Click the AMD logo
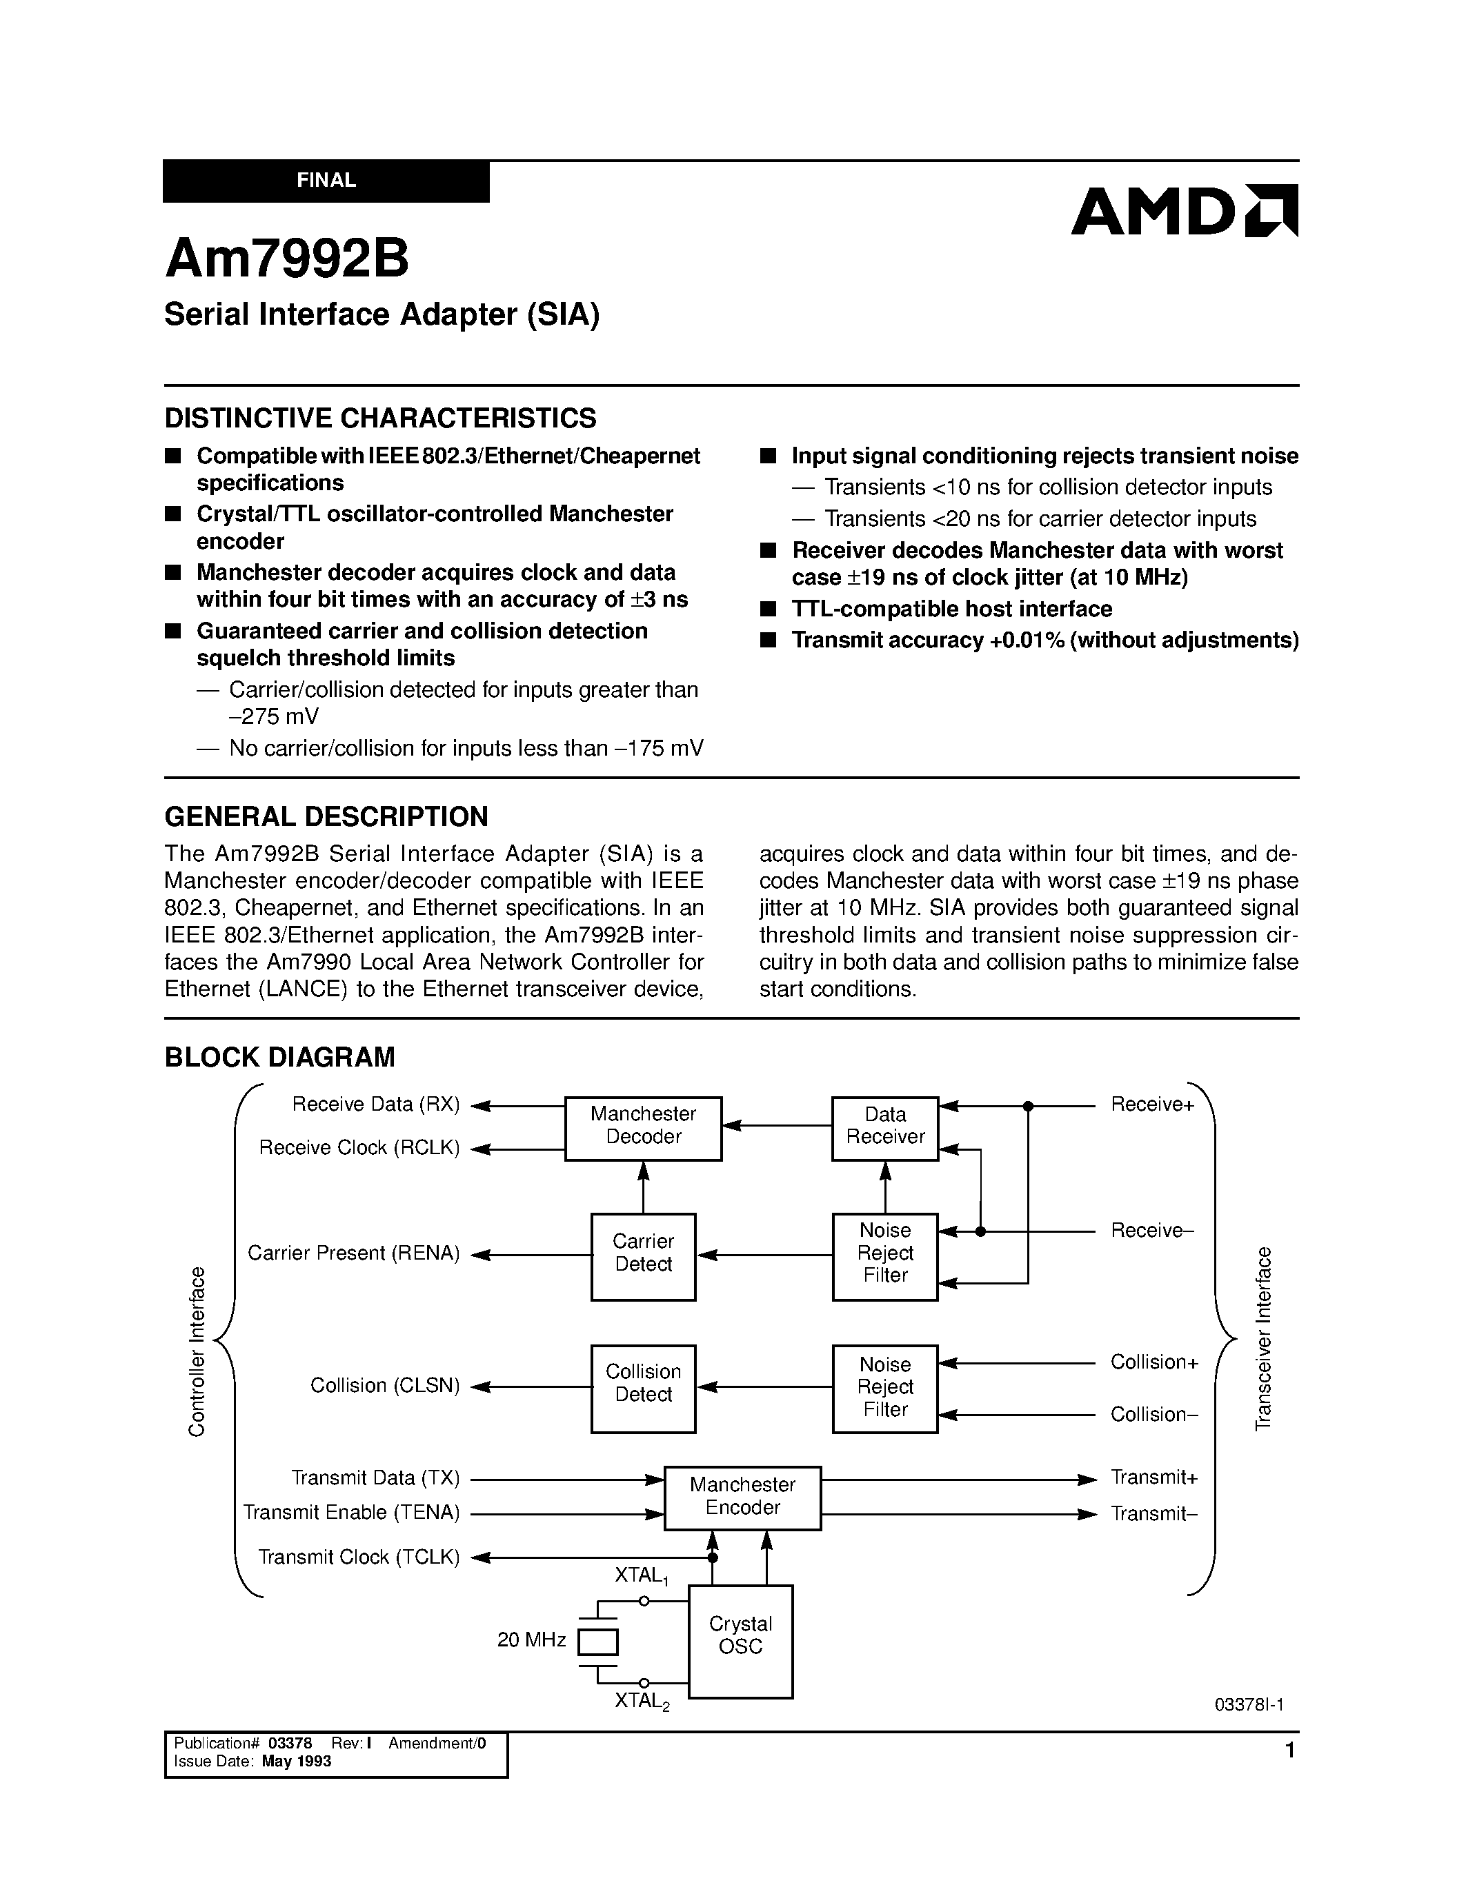click(1184, 211)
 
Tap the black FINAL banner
click(326, 181)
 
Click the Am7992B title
click(286, 259)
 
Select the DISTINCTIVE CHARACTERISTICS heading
click(380, 418)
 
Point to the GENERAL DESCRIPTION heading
click(326, 816)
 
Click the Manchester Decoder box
click(643, 1128)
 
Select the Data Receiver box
click(885, 1128)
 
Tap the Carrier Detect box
click(643, 1255)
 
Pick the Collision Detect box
click(643, 1386)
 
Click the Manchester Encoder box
click(742, 1497)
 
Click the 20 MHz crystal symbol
click(597, 1642)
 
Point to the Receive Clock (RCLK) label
click(359, 1148)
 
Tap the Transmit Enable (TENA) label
click(351, 1512)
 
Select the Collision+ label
click(1154, 1362)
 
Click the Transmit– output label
click(1154, 1514)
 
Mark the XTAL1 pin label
click(641, 1575)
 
